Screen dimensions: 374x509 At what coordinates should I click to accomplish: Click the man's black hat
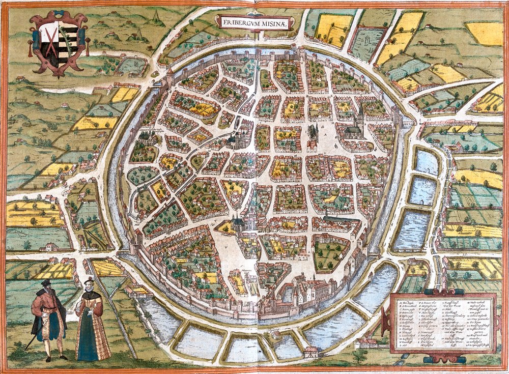[x=46, y=283]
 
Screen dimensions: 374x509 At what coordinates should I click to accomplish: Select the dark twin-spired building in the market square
[x=313, y=133]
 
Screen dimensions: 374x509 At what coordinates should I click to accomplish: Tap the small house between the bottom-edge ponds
[x=310, y=351]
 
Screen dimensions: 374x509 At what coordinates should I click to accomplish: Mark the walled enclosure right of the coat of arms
[x=131, y=65]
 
